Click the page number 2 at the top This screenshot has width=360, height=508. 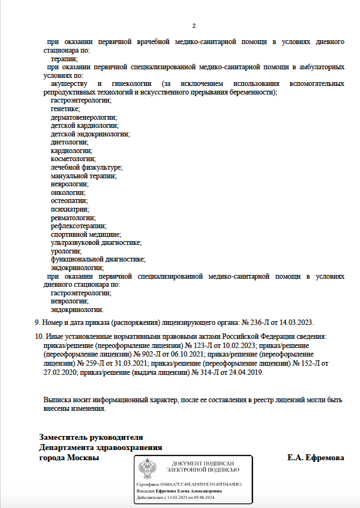tap(194, 26)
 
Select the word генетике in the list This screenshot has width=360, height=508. tap(65, 109)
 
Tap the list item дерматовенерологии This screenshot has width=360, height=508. tap(83, 117)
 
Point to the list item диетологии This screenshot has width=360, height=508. tap(69, 142)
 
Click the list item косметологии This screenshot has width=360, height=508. tap(73, 159)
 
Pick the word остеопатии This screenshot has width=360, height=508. tap(68, 201)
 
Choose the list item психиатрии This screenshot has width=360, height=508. tap(70, 209)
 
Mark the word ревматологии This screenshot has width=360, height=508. tap(73, 217)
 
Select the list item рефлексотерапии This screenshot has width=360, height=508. tap(78, 226)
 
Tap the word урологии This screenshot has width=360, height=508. tap(66, 251)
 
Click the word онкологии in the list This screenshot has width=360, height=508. tap(68, 192)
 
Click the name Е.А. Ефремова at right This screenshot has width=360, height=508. tap(315, 458)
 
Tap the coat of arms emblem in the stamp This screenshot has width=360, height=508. tap(147, 469)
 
